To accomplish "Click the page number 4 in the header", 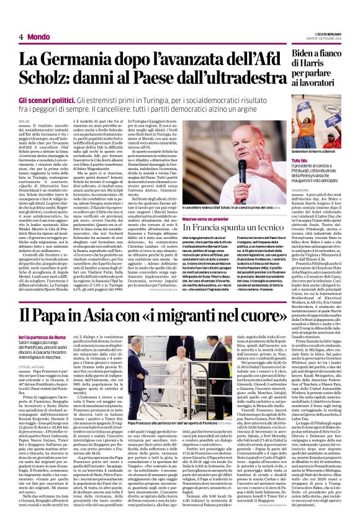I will [21, 37].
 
